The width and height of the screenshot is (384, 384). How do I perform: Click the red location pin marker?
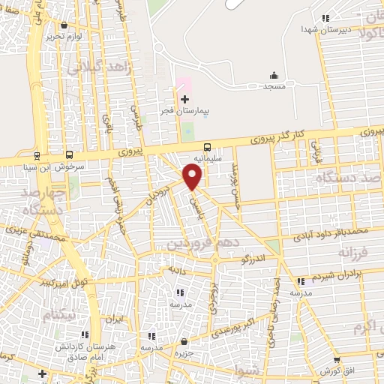pyautogui.click(x=193, y=176)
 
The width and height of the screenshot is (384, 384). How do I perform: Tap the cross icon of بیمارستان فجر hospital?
pyautogui.click(x=185, y=99)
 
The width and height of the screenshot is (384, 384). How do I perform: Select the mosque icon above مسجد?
pyautogui.click(x=274, y=75)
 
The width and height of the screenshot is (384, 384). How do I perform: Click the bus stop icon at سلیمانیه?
pyautogui.click(x=207, y=147)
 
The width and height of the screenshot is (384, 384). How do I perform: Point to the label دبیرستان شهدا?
pyautogui.click(x=301, y=28)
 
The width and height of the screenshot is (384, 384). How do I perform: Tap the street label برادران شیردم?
pyautogui.click(x=331, y=275)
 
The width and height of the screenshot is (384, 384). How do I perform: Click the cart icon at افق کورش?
pyautogui.click(x=336, y=360)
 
